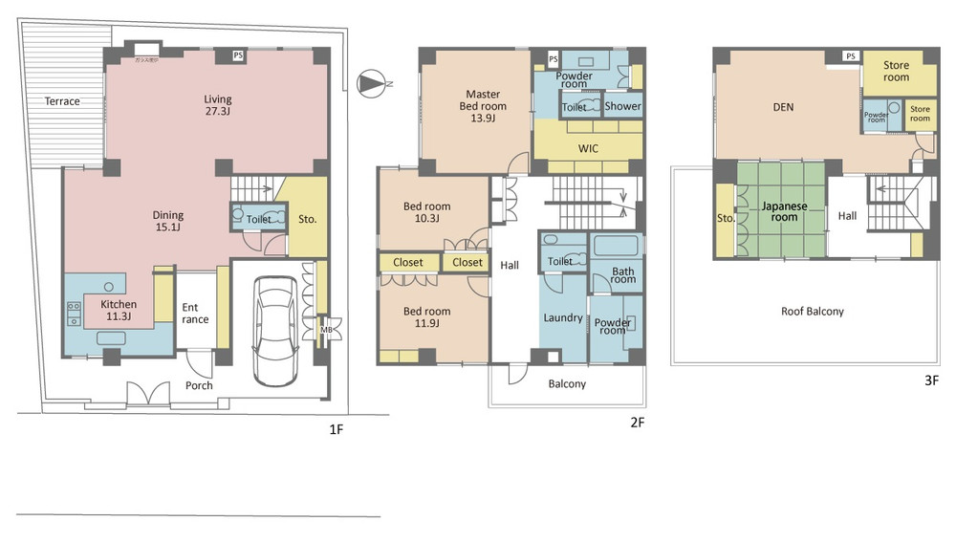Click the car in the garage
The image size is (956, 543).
274,328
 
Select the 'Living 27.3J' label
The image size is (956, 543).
217,105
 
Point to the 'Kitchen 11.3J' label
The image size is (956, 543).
118,311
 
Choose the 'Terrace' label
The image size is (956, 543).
62,101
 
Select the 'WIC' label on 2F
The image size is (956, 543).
588,150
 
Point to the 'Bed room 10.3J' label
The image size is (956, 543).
426,212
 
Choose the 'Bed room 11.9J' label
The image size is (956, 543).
426,317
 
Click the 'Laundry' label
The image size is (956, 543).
562,317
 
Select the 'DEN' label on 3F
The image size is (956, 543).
784,107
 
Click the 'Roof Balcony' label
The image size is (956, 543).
812,311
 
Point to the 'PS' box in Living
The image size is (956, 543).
238,55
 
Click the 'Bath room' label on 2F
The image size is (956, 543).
622,274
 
